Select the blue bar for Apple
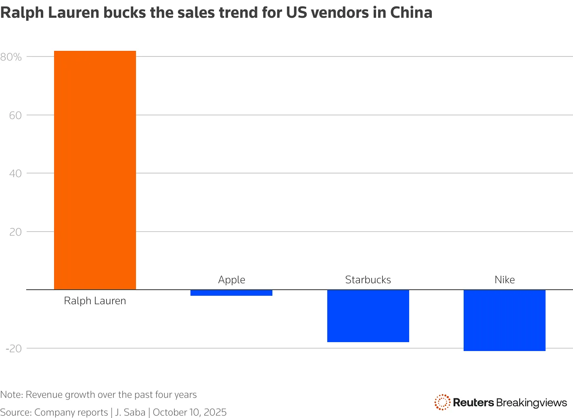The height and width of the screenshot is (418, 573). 231,293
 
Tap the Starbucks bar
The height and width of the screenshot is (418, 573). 368,316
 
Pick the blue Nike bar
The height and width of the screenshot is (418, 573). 504,320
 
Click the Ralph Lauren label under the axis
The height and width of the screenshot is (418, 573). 95,301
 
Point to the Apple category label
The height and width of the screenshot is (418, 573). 232,280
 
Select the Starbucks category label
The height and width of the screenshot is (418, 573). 368,280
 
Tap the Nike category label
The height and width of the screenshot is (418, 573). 504,280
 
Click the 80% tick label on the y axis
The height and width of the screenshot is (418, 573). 11,57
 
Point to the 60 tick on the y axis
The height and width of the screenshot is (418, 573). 15,115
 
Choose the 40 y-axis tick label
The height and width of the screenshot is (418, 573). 15,173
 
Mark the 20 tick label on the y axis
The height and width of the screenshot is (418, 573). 15,232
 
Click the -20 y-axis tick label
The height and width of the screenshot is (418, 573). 13,349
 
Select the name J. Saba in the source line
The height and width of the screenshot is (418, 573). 130,412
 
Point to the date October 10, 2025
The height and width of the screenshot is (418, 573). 190,412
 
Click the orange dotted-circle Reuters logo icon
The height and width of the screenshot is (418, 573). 442,402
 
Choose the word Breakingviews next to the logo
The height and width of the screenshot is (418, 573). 532,403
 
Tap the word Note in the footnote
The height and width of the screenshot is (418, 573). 10,395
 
